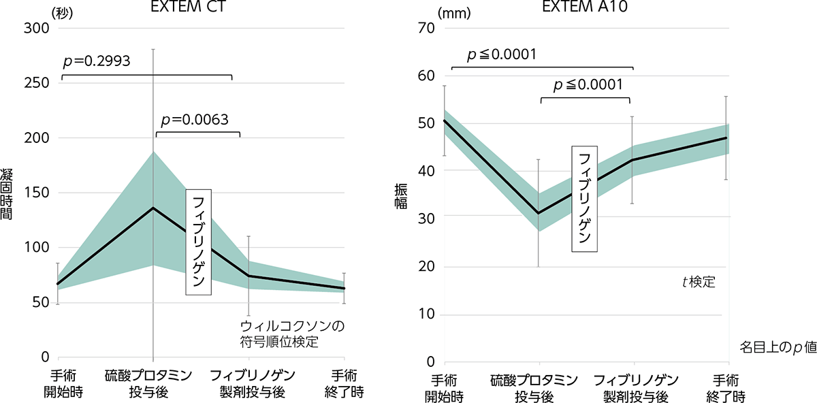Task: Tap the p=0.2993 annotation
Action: pos(97,62)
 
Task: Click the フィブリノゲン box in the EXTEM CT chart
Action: pos(198,242)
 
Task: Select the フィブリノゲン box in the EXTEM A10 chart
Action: pos(583,198)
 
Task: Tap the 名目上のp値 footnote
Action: pos(777,346)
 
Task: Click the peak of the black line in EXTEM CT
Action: pos(153,208)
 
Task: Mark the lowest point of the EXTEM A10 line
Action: pos(539,213)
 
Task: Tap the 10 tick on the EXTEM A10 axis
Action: pos(426,315)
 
